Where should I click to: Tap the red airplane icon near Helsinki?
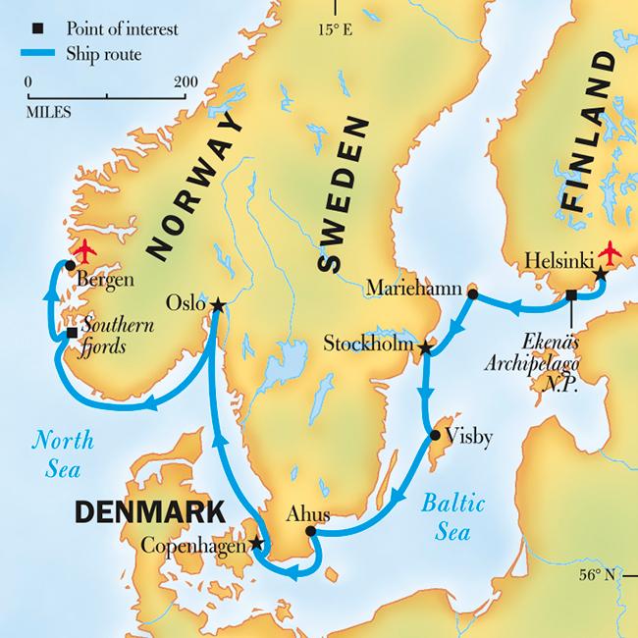coord(613,253)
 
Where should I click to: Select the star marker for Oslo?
coord(217,306)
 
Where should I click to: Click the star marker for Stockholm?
coord(424,348)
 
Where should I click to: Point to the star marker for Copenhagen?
coord(257,542)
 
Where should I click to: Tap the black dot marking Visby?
coord(434,434)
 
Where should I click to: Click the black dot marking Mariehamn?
coord(472,293)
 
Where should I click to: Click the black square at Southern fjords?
coord(72,334)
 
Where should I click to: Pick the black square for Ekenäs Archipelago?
coord(570,294)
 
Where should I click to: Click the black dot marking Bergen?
coord(70,265)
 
